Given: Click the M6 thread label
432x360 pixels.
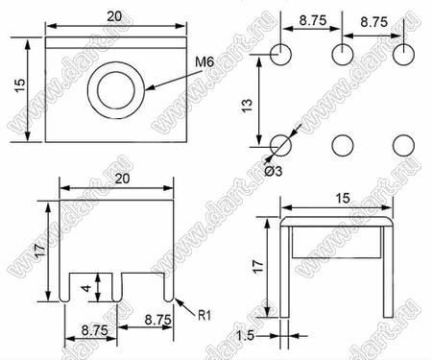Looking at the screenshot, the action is point(204,61).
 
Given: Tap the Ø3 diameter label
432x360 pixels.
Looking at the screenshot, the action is point(274,171).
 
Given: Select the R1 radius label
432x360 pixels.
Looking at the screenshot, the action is point(204,316).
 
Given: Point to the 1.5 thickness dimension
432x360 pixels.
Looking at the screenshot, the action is point(245,336).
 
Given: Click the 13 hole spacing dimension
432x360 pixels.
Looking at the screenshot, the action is point(248,106).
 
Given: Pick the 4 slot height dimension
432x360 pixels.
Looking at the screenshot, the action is point(86,288).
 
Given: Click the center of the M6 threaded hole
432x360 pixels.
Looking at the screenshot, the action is point(116,90).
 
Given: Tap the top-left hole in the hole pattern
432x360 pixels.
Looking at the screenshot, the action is point(280,55).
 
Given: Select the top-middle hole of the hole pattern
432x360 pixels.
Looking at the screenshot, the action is point(343,55).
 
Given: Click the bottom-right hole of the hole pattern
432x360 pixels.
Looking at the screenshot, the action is point(403,146).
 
